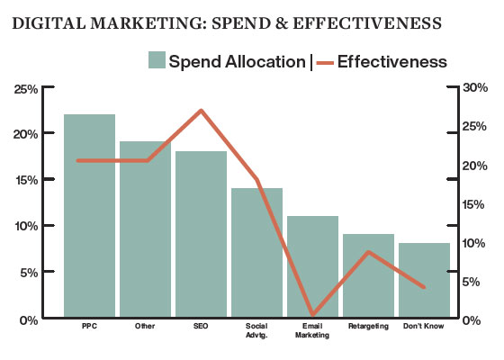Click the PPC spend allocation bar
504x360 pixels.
(x=89, y=215)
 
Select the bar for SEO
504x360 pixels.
(x=201, y=234)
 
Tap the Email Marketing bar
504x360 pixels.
(x=312, y=266)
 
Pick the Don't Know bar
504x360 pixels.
(x=424, y=280)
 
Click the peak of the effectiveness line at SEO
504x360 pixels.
(x=201, y=111)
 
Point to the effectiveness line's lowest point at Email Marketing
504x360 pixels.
(x=313, y=314)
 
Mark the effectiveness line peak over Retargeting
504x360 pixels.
(x=369, y=252)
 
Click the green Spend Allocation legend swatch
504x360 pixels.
(x=157, y=59)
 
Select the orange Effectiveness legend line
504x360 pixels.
(x=325, y=63)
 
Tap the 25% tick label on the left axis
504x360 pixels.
(x=26, y=89)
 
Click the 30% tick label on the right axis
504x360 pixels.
(x=475, y=87)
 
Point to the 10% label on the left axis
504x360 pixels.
(x=26, y=226)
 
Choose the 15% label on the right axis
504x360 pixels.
(x=473, y=204)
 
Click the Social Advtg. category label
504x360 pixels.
(x=256, y=330)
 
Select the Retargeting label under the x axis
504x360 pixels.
(x=368, y=326)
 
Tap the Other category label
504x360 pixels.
(x=145, y=326)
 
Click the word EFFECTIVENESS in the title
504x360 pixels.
(x=367, y=23)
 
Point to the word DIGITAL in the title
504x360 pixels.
(x=49, y=23)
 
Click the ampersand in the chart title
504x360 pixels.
(x=282, y=23)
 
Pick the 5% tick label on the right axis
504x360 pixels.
(x=471, y=282)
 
